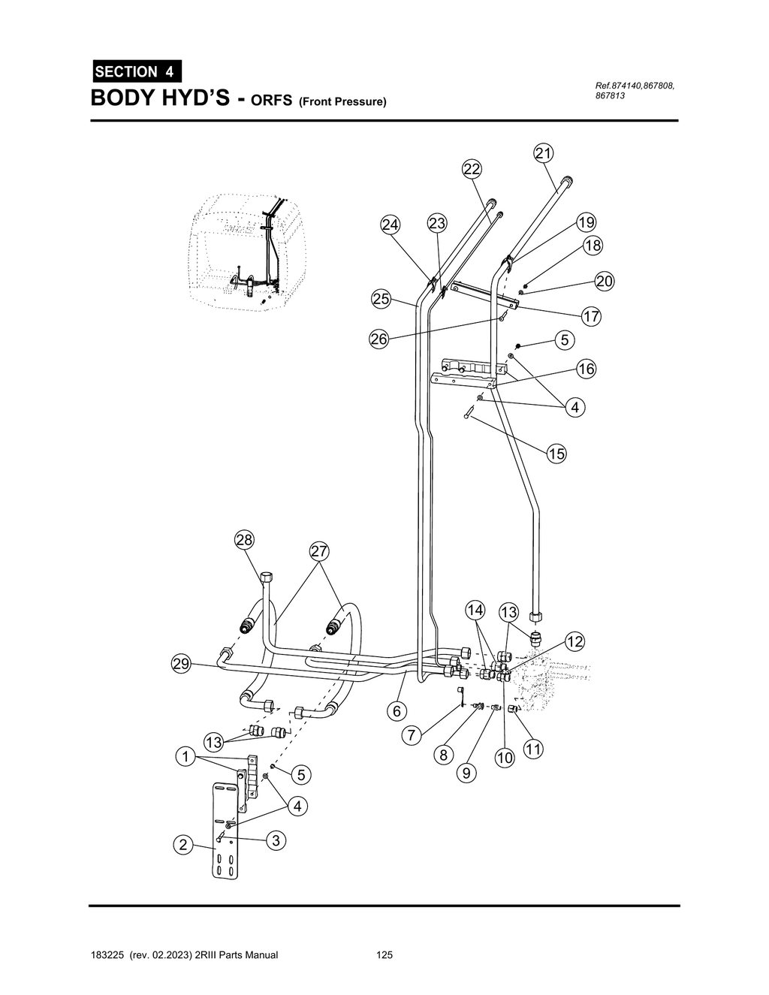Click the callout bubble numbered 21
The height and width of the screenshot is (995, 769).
coord(543,153)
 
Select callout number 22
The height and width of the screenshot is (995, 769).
coord(472,169)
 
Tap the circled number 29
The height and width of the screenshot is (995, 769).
coord(181,664)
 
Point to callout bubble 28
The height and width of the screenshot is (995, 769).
coord(244,540)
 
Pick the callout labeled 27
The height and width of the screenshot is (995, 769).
coord(319,551)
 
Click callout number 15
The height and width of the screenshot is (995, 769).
coord(556,454)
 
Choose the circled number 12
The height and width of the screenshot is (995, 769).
coord(574,642)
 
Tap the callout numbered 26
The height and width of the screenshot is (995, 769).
coord(378,339)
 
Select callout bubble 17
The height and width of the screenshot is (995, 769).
coord(592,316)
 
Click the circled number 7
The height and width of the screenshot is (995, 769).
coord(412,736)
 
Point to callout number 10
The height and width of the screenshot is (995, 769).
coord(505,758)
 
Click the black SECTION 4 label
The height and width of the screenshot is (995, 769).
coord(136,71)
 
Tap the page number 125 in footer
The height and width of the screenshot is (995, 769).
coord(384,955)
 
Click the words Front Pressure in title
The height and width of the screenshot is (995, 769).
coord(342,101)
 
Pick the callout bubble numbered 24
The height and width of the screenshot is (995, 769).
coord(391,225)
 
